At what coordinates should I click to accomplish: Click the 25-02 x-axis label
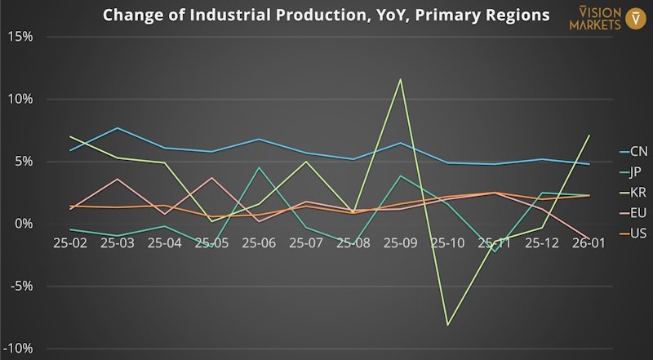(71, 242)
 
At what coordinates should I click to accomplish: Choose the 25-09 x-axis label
(400, 242)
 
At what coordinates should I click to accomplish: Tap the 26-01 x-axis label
(588, 242)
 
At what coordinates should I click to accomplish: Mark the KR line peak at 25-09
(400, 79)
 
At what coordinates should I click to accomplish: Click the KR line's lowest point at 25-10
(447, 325)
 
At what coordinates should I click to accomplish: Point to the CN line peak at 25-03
(118, 128)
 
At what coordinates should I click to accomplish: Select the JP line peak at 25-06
(259, 167)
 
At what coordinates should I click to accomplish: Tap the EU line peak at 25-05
(211, 177)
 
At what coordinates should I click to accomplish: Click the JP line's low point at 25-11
(494, 251)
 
